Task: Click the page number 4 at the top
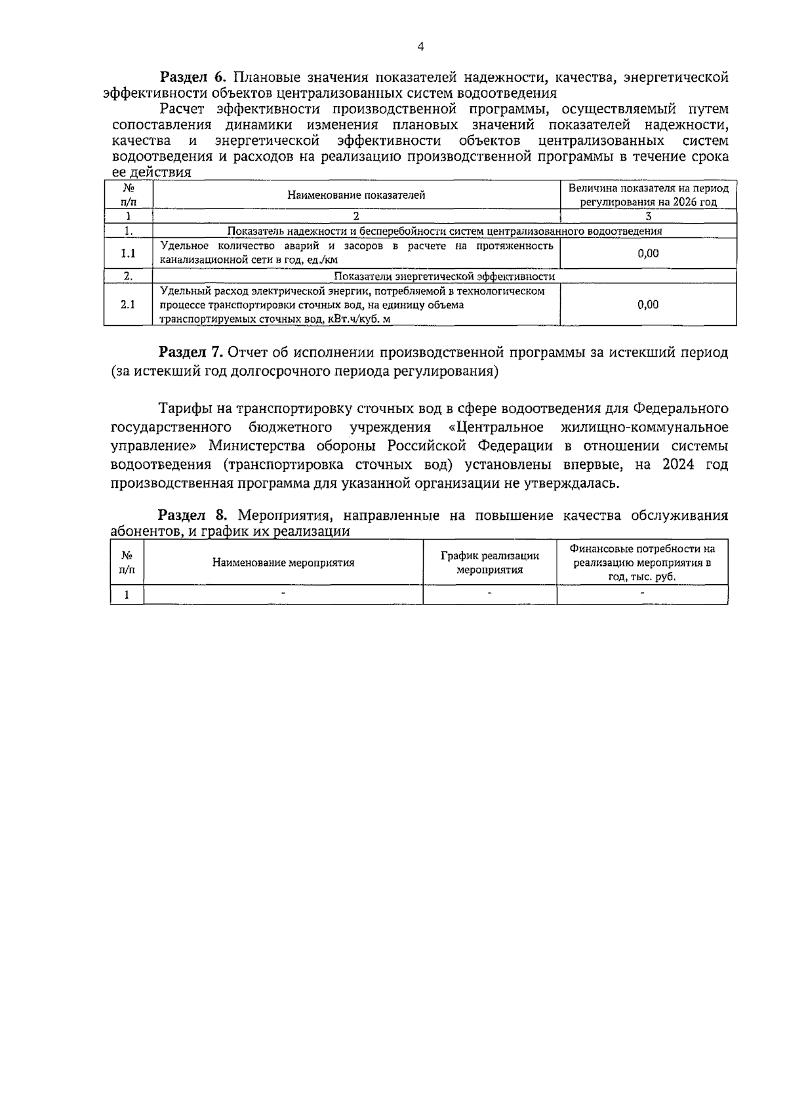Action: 420,47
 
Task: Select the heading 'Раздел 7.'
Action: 193,352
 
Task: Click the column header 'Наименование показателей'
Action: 356,195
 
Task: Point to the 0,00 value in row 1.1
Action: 648,253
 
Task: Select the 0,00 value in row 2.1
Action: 648,304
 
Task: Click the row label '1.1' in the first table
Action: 129,253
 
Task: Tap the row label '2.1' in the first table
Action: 129,304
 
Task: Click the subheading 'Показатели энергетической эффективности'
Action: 445,277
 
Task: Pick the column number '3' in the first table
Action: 648,216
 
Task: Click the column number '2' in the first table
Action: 356,216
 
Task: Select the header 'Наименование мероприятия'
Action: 283,563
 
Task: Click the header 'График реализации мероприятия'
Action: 489,563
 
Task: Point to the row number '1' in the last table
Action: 127,595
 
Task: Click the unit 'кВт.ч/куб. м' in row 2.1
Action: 360,319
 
